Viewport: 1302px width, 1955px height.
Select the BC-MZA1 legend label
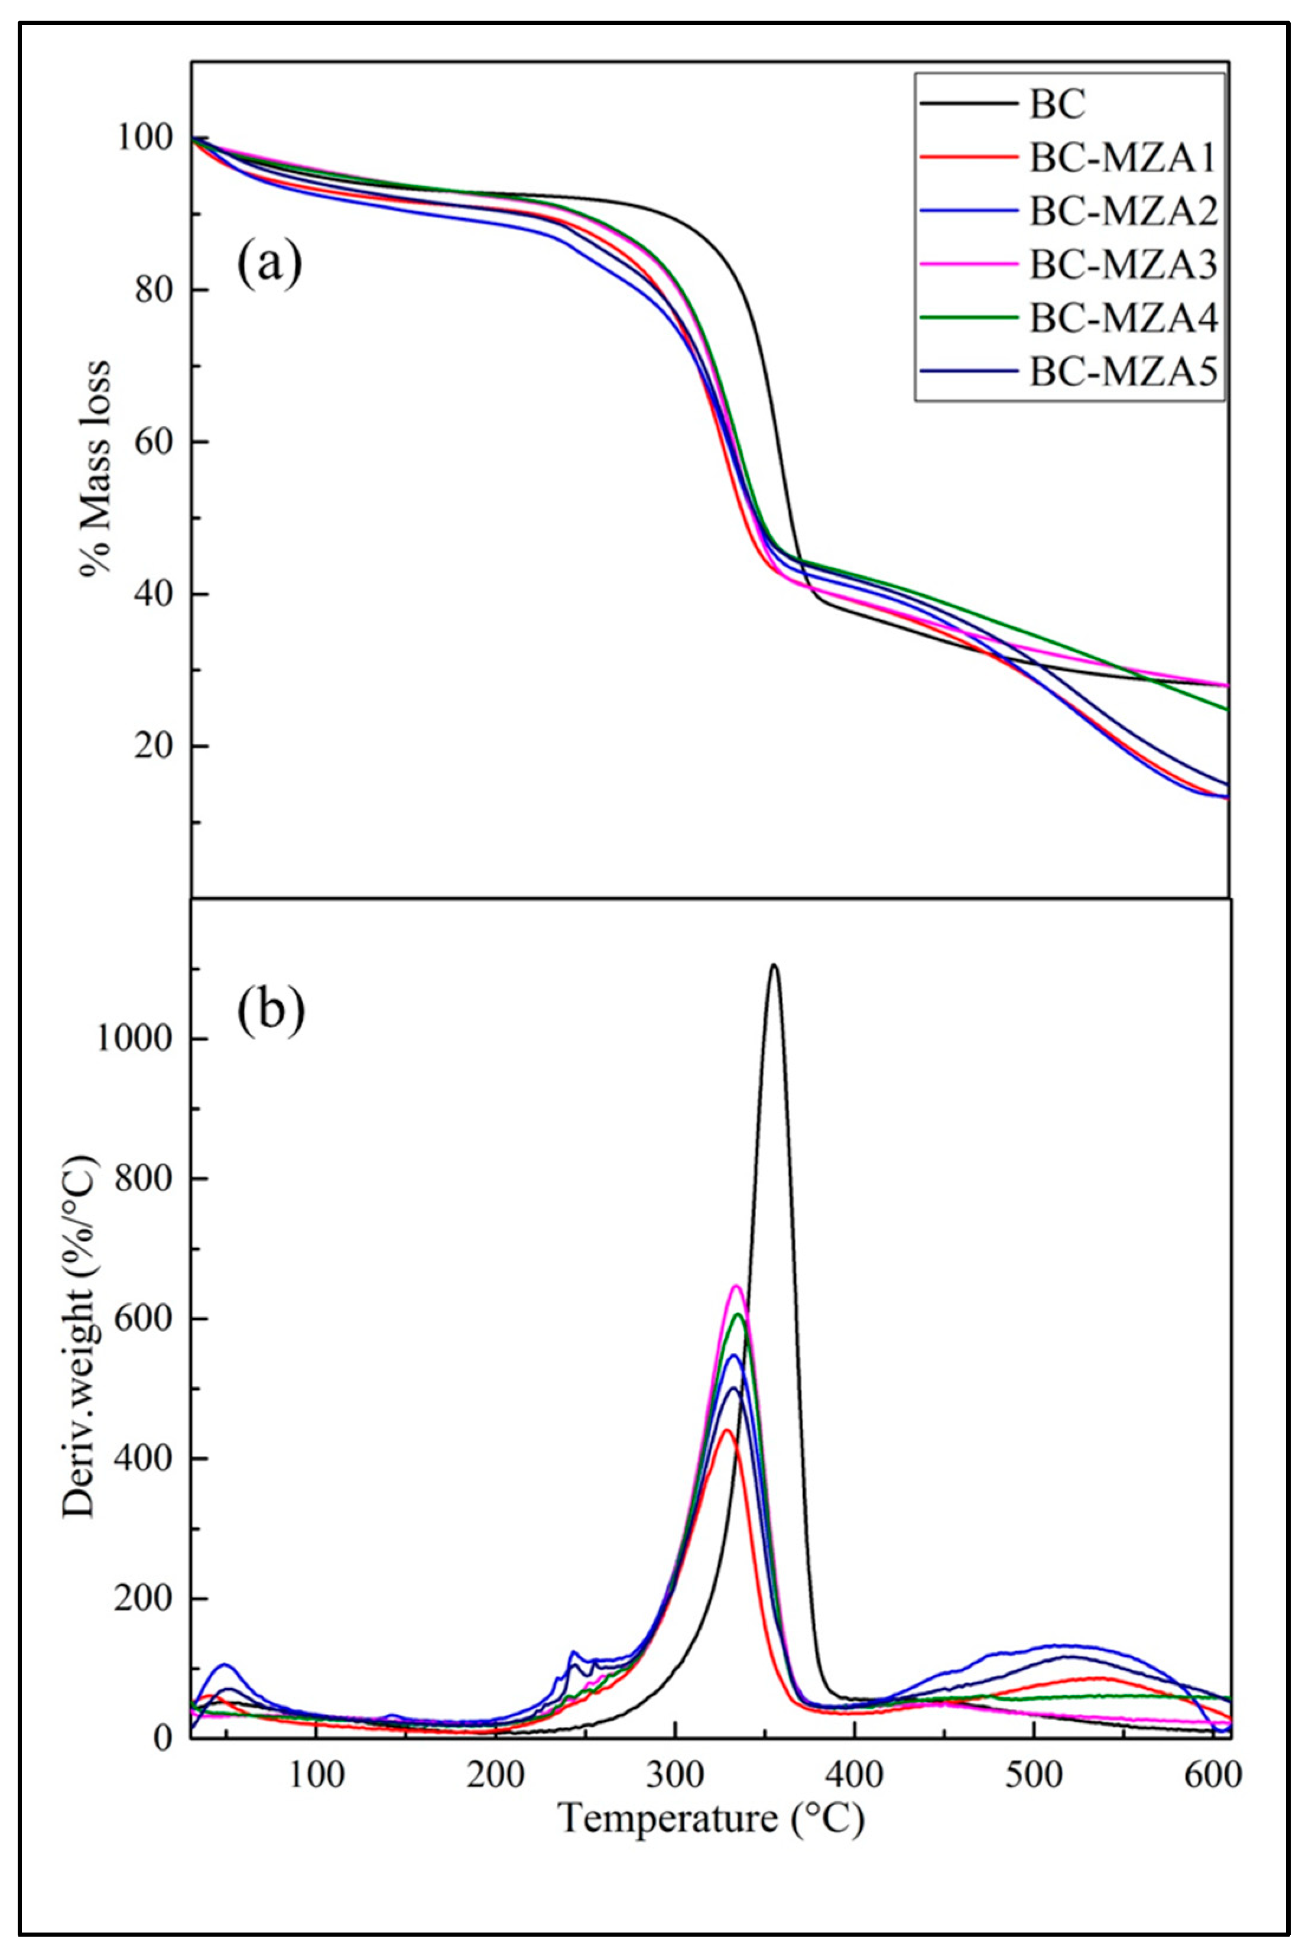click(x=1123, y=158)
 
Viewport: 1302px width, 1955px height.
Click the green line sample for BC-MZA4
click(x=969, y=317)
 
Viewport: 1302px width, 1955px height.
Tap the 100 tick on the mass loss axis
click(x=145, y=138)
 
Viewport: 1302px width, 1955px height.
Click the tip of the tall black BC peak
click(x=774, y=965)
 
